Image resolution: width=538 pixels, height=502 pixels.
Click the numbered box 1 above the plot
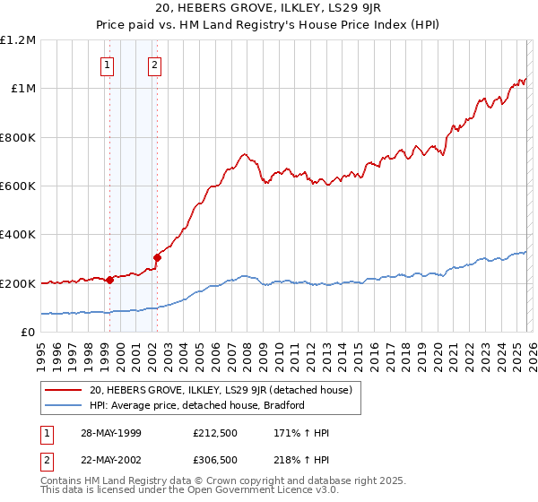click(x=108, y=65)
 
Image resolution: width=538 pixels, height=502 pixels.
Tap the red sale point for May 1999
click(x=109, y=280)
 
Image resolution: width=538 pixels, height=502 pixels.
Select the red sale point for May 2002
click(x=156, y=257)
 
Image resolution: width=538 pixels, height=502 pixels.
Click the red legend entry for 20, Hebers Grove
click(x=225, y=390)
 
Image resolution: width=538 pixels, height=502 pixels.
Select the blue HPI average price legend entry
click(x=197, y=405)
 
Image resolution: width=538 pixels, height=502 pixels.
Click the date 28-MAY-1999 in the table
click(x=109, y=433)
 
